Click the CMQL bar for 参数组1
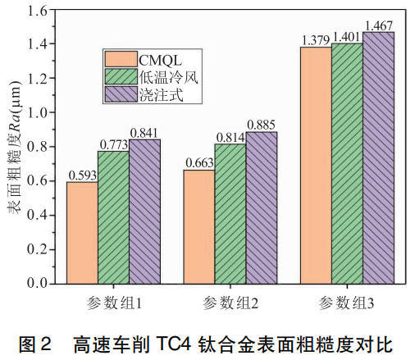click(82, 232)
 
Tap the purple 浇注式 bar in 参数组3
click(378, 157)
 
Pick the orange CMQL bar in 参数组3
click(316, 165)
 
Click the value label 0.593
click(82, 174)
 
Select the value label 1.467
click(379, 24)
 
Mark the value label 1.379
click(316, 39)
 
